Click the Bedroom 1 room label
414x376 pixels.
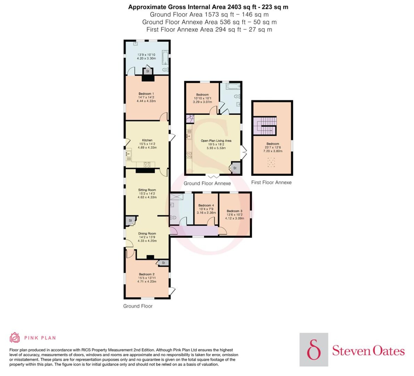point(146,94)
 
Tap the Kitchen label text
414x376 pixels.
point(147,140)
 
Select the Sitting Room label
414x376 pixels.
point(147,190)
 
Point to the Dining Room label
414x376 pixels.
point(147,233)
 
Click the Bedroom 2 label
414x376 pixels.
point(147,274)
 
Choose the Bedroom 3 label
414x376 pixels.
point(235,211)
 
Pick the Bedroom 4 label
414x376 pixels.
point(206,205)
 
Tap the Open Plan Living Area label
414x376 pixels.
point(216,141)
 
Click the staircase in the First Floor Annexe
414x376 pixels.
point(265,126)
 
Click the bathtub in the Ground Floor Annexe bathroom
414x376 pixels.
point(233,86)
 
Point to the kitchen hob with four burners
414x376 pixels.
point(147,165)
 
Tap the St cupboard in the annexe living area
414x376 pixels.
point(235,168)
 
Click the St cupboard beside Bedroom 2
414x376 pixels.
point(163,263)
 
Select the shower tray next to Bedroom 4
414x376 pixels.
point(177,197)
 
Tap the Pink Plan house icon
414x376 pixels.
point(15,338)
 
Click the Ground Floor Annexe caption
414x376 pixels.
point(207,183)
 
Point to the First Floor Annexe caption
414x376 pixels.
point(271,182)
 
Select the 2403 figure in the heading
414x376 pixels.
point(234,7)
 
